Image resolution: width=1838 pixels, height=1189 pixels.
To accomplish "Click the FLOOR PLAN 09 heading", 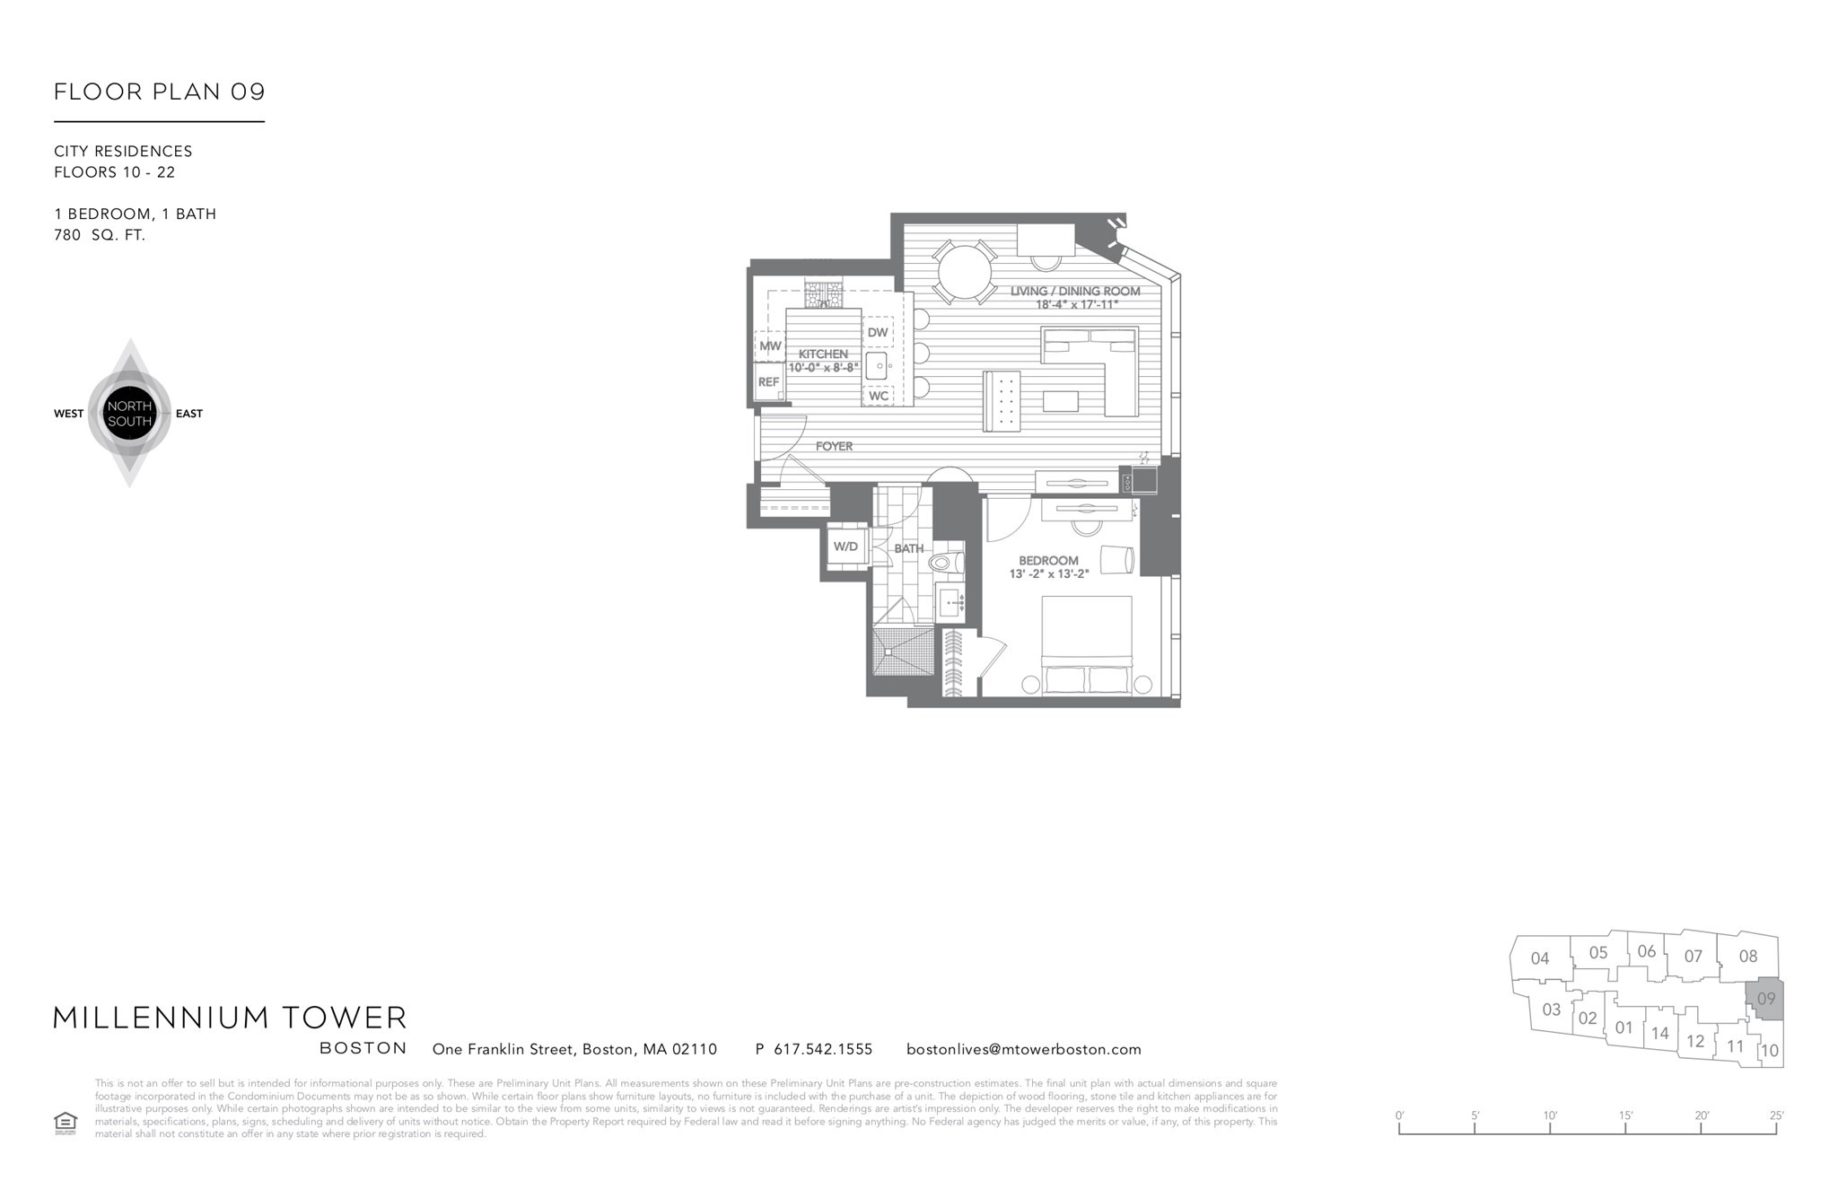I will pos(160,92).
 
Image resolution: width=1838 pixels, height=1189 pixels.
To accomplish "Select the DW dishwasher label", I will pos(877,333).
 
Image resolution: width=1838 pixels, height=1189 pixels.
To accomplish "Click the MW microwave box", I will pos(769,346).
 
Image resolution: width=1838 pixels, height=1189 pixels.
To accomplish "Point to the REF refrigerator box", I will pos(768,382).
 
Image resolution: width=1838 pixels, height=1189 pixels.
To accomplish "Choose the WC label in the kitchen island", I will pos(878,396).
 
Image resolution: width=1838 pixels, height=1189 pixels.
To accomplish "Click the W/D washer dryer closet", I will pos(845,546).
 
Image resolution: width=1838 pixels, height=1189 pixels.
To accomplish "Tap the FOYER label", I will pos(834,446).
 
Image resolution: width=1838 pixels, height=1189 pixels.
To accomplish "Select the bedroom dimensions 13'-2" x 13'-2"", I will pos(1048,574).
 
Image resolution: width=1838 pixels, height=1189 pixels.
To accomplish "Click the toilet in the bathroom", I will pos(945,564).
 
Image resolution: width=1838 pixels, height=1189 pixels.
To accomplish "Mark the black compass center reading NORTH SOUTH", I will pos(129,414).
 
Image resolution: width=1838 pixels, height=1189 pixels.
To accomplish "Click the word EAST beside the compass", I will pos(189,414).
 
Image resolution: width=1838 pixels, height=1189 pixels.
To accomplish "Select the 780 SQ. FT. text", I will pos(100,235).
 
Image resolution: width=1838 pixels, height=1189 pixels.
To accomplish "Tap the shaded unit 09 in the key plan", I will pos(1765,999).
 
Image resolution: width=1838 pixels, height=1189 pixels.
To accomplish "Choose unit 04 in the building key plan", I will pos(1540,958).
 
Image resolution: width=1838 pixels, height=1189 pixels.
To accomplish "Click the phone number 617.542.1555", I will pos(822,1049).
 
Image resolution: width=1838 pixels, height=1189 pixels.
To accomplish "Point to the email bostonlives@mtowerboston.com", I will pos(1023,1049).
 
